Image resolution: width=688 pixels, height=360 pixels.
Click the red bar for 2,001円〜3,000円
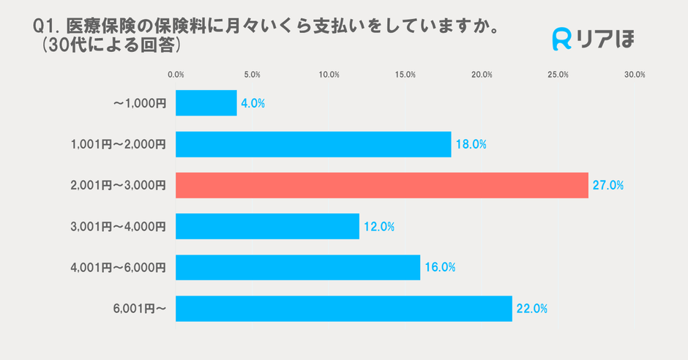click(x=382, y=185)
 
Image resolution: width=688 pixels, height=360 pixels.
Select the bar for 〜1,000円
click(x=206, y=103)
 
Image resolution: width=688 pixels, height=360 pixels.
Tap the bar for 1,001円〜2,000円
click(x=313, y=144)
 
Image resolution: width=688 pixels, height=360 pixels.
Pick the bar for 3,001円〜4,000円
click(x=267, y=226)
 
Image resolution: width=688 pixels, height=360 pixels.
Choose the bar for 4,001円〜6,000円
click(x=298, y=267)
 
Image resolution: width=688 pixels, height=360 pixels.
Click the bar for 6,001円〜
click(x=344, y=308)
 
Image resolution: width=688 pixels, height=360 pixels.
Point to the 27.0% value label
click(x=607, y=186)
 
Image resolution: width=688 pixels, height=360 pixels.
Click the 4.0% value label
click(x=253, y=104)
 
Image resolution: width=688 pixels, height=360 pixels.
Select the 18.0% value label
click(x=471, y=145)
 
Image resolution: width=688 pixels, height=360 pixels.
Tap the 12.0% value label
click(x=378, y=227)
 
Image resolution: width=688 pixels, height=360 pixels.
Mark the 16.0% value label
click(x=439, y=268)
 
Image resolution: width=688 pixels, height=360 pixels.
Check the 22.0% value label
click(x=531, y=309)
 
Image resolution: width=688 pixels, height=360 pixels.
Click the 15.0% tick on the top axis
click(x=405, y=75)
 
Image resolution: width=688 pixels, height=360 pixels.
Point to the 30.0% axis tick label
click(x=634, y=75)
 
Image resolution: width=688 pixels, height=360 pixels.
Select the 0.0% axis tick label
click(x=176, y=75)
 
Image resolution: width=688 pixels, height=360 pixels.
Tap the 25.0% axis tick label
click(x=558, y=75)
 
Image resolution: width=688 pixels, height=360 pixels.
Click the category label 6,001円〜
click(x=140, y=309)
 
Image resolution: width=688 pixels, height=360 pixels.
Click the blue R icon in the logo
click(x=561, y=40)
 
